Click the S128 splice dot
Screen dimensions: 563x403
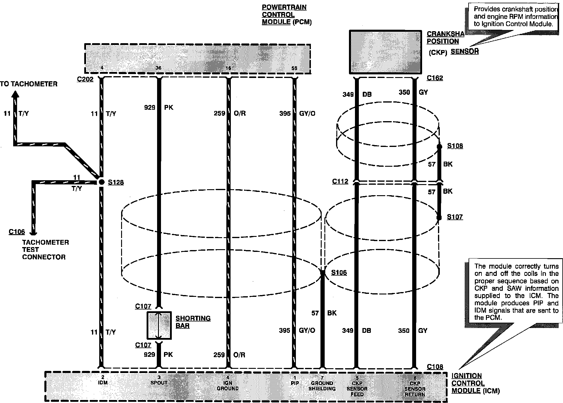(101, 182)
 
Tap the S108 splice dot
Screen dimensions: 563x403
(439, 147)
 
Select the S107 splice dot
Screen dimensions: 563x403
(439, 217)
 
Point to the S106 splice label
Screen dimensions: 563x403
(339, 273)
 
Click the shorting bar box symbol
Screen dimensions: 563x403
(159, 325)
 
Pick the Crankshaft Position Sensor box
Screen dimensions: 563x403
(386, 52)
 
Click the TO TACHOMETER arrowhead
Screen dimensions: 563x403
(15, 94)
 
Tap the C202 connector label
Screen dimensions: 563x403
(85, 79)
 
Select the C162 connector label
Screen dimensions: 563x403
(435, 78)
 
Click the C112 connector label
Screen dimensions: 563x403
(340, 181)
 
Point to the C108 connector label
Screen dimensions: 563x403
(435, 367)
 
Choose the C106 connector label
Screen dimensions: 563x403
(17, 232)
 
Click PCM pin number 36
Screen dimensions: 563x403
(159, 68)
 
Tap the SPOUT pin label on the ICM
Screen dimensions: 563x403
(159, 383)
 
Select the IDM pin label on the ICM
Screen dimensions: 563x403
(103, 383)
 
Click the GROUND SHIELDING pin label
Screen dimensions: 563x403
(322, 386)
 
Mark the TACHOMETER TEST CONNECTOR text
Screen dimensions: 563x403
(45, 249)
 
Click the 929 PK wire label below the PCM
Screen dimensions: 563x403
(159, 107)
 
